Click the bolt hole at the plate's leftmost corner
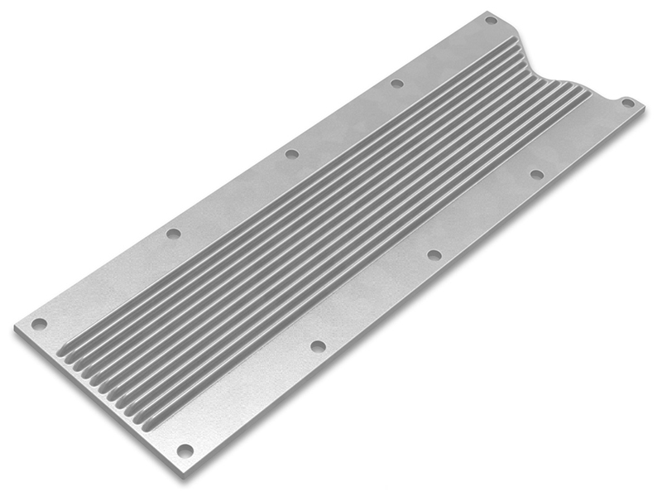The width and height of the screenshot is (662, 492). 39,324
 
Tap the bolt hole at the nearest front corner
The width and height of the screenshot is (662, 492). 185,450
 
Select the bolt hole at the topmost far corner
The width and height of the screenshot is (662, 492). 491,20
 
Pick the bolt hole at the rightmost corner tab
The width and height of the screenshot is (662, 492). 627,104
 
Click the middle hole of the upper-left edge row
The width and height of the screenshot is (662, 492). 290,153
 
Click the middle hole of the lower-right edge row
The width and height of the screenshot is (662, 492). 434,254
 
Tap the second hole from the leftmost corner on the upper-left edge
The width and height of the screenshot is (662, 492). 173,234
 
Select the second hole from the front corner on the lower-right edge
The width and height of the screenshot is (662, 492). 318,346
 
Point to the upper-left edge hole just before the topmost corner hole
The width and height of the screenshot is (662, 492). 396,83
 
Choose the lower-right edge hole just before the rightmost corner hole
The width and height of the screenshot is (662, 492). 536,175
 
